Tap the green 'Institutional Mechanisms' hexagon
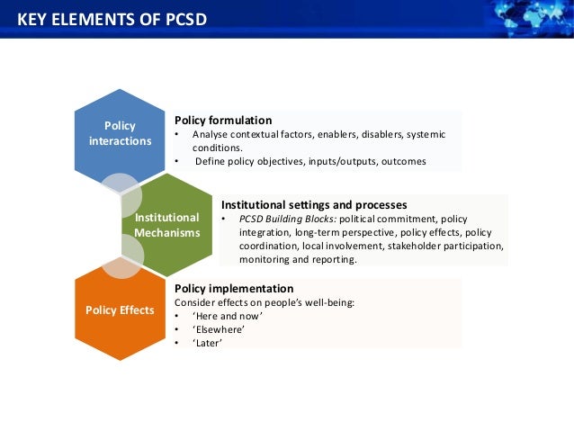coord(166,225)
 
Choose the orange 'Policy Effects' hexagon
coord(120,310)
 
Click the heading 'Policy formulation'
coord(223,120)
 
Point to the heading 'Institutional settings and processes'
coord(314,204)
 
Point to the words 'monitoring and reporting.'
coord(298,259)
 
